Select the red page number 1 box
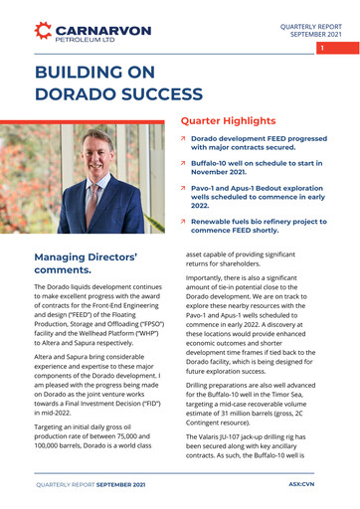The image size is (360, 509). point(321,48)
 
